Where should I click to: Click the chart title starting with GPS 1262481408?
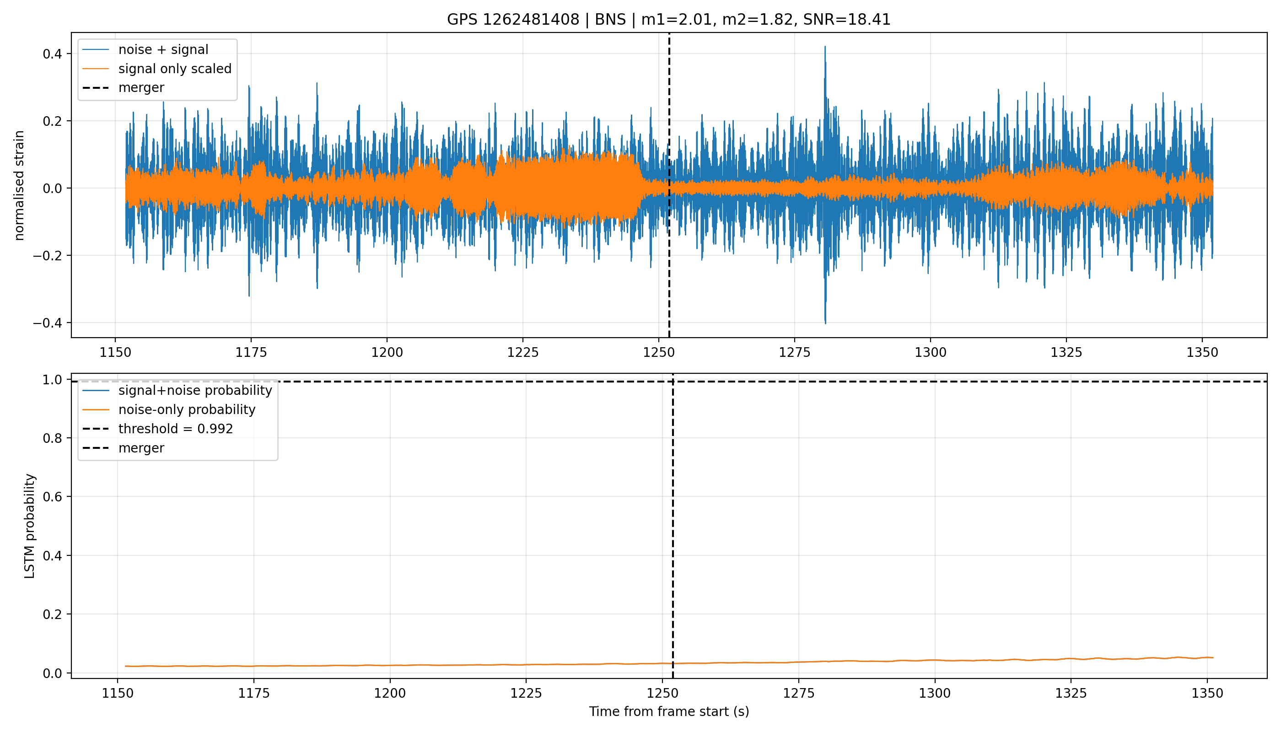tap(669, 20)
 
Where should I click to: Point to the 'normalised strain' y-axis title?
tap(19, 185)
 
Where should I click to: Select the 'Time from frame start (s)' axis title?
tap(669, 712)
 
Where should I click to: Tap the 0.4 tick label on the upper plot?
tap(52, 54)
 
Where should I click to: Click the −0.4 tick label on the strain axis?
tap(48, 323)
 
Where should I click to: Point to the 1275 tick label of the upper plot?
tap(794, 352)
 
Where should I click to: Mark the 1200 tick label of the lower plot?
tap(390, 693)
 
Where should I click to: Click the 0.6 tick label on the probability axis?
tap(52, 497)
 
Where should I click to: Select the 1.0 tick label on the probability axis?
tap(52, 380)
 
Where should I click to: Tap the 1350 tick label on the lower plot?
tap(1207, 693)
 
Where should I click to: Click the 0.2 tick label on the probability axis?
tap(52, 614)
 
